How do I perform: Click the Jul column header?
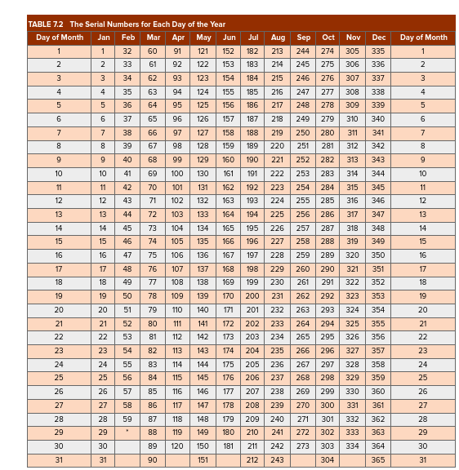tap(252, 38)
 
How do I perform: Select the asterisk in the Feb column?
tap(127, 431)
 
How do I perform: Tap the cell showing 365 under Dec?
tap(377, 460)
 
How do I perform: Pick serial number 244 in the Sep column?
tap(302, 51)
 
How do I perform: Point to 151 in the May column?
tap(203, 460)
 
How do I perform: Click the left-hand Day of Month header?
tap(60, 38)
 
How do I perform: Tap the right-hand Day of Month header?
tap(423, 38)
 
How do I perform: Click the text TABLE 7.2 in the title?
tap(47, 24)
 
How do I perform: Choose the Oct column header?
tap(328, 38)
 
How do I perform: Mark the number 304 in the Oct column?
tap(328, 460)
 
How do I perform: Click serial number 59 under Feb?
tap(127, 419)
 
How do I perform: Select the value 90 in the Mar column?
tap(152, 460)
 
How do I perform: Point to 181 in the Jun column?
tap(228, 446)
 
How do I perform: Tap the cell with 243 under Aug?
tap(278, 460)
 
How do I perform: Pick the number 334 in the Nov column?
tap(352, 446)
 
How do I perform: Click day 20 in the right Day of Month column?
tap(423, 310)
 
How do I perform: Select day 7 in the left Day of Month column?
tap(60, 132)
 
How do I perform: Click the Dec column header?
tap(378, 38)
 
